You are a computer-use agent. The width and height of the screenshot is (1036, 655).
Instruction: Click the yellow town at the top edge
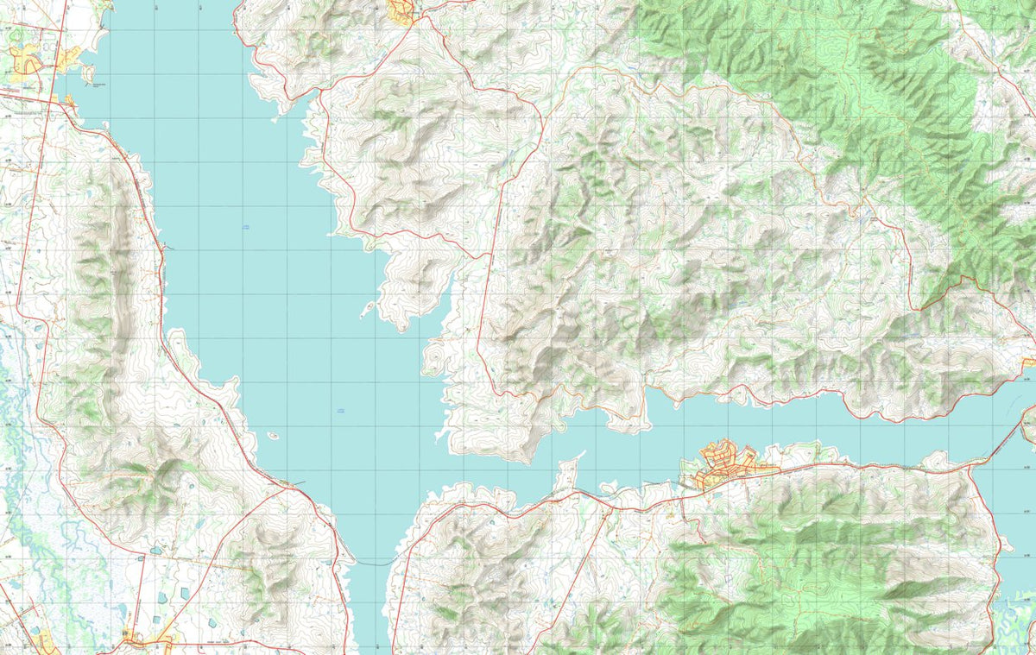coord(401,11)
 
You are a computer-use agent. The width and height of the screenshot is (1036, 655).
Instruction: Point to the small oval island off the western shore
coord(273,436)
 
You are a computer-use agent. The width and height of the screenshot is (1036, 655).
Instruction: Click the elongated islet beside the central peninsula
coord(369,308)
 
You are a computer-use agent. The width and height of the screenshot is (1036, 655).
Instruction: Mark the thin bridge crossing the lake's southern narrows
coord(371,563)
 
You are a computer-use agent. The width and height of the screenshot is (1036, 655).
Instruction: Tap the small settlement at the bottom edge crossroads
coord(138,639)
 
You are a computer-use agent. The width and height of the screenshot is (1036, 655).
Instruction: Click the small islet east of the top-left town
coord(88,72)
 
